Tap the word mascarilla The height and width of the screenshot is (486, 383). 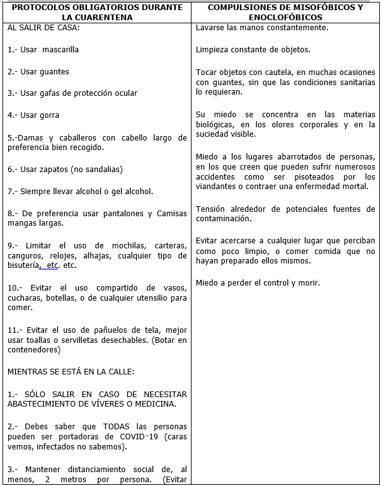pyautogui.click(x=62, y=50)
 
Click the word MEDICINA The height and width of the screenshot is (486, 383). pyautogui.click(x=156, y=404)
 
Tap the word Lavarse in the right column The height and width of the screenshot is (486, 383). pyautogui.click(x=210, y=28)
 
